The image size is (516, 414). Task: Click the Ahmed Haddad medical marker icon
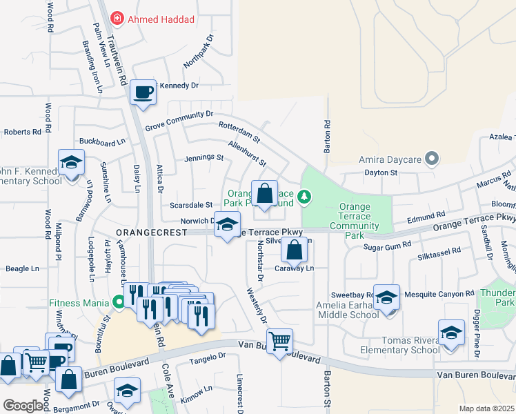[x=117, y=19]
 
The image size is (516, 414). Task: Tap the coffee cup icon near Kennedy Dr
[x=143, y=92]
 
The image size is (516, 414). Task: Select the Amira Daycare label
[x=390, y=159]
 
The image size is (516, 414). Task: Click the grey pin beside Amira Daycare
[x=433, y=159]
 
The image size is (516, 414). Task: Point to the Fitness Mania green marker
[x=119, y=302]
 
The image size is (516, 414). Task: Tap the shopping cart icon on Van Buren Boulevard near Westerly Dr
[x=280, y=341]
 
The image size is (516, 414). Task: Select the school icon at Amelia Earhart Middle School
[x=387, y=297]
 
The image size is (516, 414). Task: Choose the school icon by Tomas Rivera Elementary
[x=452, y=333]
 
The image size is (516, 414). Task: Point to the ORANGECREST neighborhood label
[x=152, y=233]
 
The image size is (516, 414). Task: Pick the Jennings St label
[x=204, y=158]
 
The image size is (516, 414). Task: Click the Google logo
[x=23, y=406]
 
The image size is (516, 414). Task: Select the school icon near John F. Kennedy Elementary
[x=70, y=164]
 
